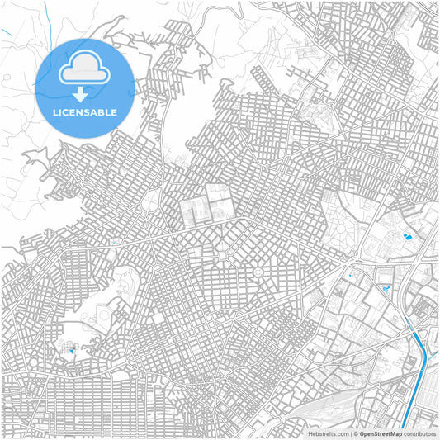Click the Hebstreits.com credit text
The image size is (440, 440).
click(328, 433)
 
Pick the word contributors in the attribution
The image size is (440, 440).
click(420, 433)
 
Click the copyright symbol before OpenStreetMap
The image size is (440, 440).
click(355, 433)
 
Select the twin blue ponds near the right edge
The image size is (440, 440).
click(408, 238)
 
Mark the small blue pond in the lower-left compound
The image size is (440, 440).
click(72, 351)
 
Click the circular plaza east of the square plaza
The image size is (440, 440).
click(258, 271)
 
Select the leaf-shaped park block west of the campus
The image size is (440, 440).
click(152, 199)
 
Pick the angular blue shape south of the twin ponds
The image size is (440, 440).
click(386, 288)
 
